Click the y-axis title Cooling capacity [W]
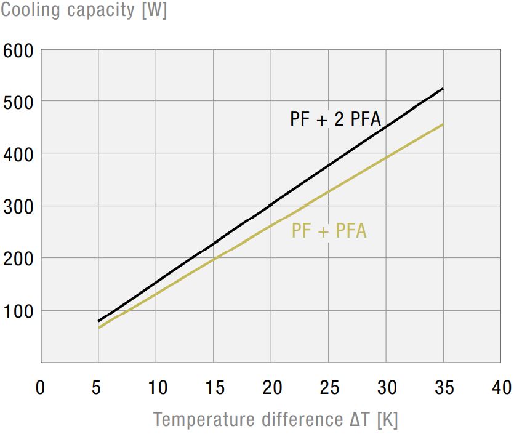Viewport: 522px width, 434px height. pos(84,10)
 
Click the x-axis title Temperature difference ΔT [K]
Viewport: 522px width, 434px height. pos(275,419)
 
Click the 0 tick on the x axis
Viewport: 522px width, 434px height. pos(41,387)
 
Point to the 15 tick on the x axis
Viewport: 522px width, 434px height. pos(214,387)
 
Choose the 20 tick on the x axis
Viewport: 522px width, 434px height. pos(271,387)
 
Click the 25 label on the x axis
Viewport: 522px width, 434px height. pos(329,387)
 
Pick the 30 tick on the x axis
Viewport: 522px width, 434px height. pos(387,387)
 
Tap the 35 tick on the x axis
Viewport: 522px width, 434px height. pos(444,387)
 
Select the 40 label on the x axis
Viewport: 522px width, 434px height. pos(502,387)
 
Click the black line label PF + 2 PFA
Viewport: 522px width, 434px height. pos(335,119)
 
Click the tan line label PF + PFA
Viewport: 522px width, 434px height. pos(329,231)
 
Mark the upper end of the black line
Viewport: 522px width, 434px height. pos(443,89)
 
